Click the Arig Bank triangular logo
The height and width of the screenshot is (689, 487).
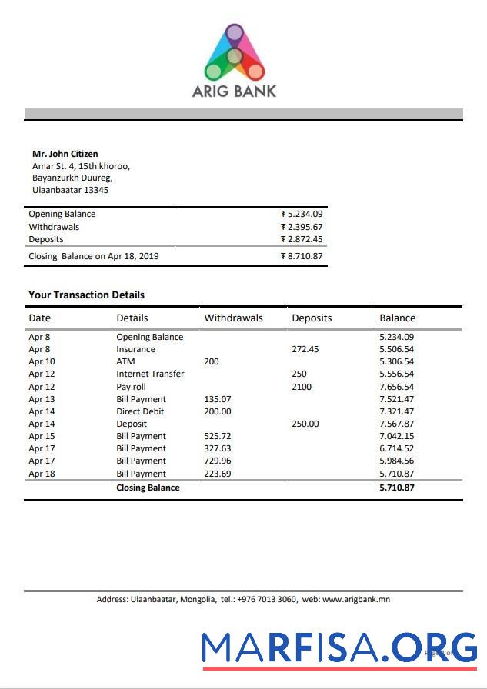point(235,52)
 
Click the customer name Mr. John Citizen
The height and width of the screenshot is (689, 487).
point(65,154)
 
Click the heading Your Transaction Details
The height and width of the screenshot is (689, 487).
point(86,295)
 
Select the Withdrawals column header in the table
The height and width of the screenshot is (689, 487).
point(233,318)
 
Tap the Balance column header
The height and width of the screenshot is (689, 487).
point(397,318)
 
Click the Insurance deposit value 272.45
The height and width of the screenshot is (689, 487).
point(305,349)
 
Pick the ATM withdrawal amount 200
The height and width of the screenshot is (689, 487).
point(211,361)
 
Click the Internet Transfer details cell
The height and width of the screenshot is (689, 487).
point(150,374)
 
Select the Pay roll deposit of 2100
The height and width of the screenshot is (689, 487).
point(302,387)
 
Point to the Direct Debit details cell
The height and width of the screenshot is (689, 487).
point(140,411)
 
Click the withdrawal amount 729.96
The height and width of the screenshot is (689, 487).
point(217,461)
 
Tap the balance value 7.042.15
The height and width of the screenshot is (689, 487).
point(396,436)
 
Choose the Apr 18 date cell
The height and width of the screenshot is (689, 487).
point(42,474)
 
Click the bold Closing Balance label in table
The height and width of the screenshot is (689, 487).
point(148,488)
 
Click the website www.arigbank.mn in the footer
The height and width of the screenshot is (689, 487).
point(356,599)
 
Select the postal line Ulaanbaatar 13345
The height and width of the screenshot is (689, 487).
point(70,190)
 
